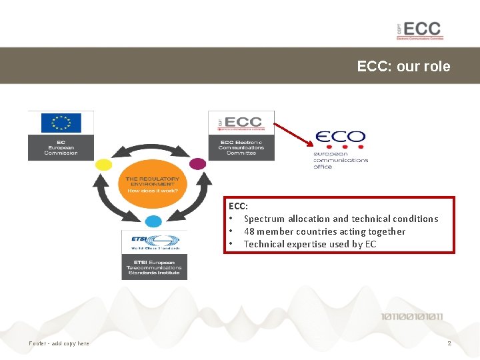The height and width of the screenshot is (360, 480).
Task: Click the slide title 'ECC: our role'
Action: pos(403,67)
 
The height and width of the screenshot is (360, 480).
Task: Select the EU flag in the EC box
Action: pos(61,123)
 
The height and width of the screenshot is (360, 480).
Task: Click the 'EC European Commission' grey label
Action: pos(61,147)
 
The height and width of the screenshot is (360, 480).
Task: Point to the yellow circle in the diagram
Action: pos(104,163)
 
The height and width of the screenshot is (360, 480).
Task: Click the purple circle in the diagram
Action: pos(198,163)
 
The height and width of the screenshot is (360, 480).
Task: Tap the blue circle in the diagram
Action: pos(153,221)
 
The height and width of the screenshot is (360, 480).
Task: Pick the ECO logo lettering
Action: pos(340,138)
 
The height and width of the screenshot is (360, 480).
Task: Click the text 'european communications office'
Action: pos(341,160)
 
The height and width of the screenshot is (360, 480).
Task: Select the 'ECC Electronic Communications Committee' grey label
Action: pos(241,147)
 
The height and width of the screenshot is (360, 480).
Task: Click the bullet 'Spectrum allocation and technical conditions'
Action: pos(341,219)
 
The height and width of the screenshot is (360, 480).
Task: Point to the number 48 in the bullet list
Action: pos(249,231)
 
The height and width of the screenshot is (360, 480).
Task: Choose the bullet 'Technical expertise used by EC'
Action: pos(310,244)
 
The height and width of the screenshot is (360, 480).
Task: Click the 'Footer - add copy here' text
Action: pos(59,343)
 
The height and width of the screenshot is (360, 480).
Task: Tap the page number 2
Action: pos(449,343)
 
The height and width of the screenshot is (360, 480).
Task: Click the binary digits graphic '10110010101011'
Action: pos(412,317)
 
